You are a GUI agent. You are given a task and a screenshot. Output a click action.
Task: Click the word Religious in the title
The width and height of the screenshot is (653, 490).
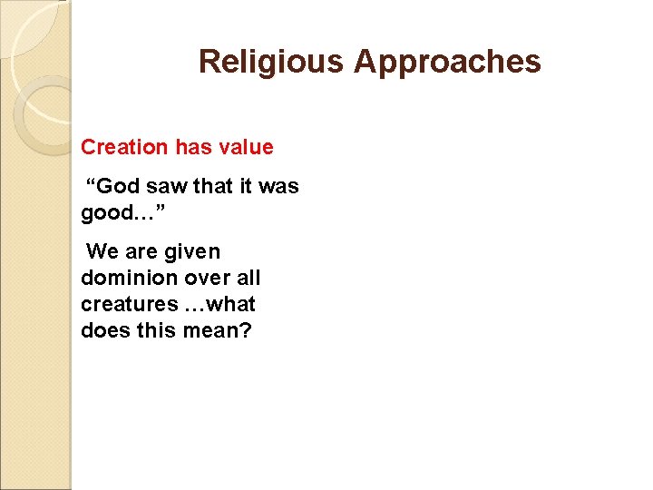pyautogui.click(x=272, y=63)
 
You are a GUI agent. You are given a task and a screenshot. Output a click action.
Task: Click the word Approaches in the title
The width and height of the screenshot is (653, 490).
pyautogui.click(x=447, y=63)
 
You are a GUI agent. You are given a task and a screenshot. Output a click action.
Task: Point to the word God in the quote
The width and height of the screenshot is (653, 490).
pyautogui.click(x=115, y=187)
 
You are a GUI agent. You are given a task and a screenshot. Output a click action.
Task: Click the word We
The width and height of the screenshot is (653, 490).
pyautogui.click(x=103, y=251)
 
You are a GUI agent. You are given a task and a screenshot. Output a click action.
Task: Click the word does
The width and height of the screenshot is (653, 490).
pyautogui.click(x=104, y=330)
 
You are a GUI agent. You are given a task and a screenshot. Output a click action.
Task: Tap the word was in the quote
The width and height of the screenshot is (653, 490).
pyautogui.click(x=278, y=187)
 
